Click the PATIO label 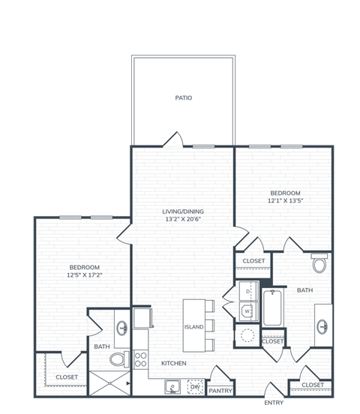click(x=184, y=97)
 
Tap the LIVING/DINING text click(x=184, y=211)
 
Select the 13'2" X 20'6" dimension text click(x=184, y=220)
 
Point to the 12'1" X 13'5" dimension click(x=284, y=200)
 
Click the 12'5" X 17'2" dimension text click(x=85, y=275)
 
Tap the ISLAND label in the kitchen click(x=193, y=326)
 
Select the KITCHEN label click(x=174, y=364)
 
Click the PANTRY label click(x=220, y=390)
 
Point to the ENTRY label click(x=274, y=403)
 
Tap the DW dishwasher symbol click(x=194, y=387)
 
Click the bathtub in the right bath click(x=272, y=307)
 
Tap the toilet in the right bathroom click(x=320, y=265)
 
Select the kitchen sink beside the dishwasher click(x=173, y=387)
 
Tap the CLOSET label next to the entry click(x=313, y=385)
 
